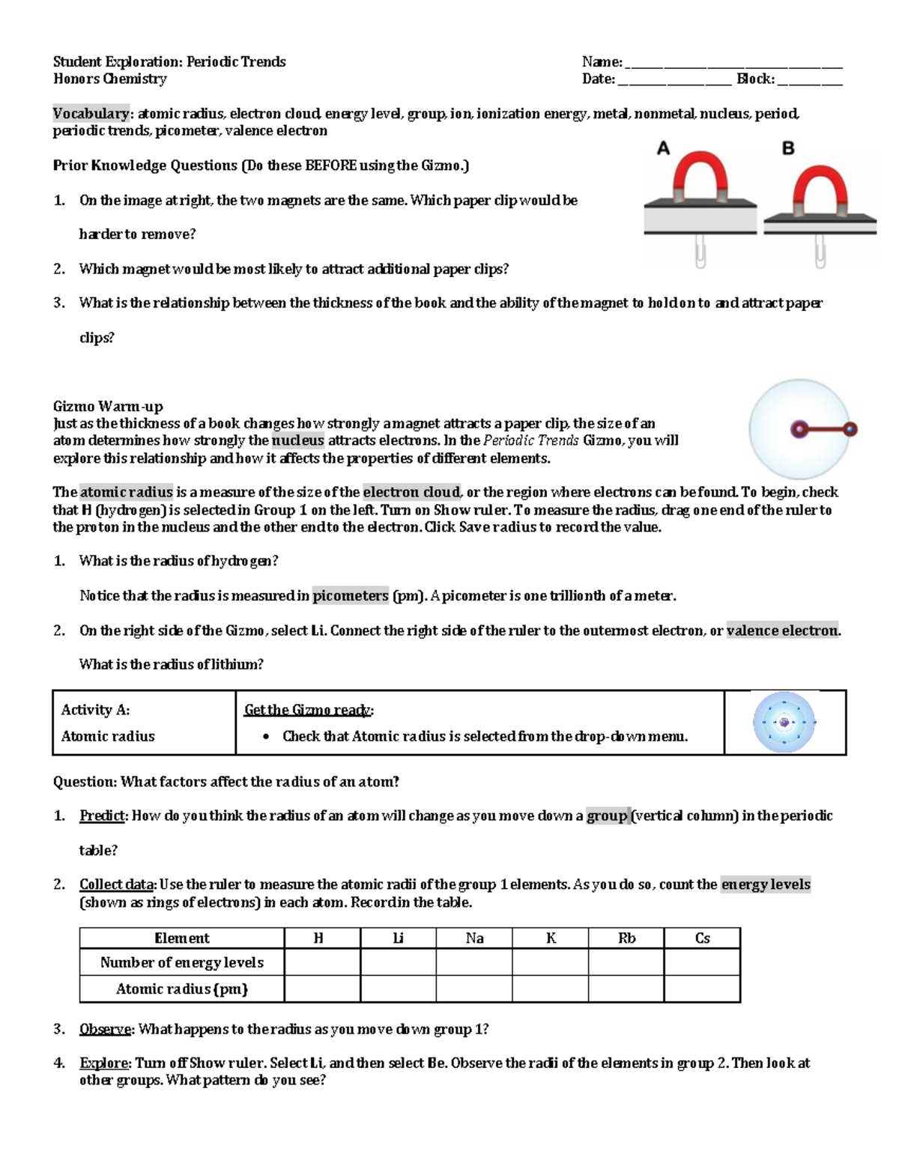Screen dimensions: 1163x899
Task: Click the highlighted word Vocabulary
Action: tap(91, 113)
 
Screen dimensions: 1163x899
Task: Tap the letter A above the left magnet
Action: tap(663, 148)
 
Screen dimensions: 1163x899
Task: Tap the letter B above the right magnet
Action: tap(788, 148)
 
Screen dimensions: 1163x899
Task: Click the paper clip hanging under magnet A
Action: tap(700, 252)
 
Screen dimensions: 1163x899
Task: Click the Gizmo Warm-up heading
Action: tap(108, 407)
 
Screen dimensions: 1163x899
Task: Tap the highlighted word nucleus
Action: tap(298, 440)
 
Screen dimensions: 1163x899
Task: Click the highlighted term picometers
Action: tap(351, 596)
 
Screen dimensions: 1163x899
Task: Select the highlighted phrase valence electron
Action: tap(782, 631)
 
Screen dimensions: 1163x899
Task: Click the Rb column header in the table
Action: tap(626, 938)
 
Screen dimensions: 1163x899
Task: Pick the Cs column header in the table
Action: tap(702, 938)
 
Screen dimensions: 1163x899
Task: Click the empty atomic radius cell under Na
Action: tap(474, 989)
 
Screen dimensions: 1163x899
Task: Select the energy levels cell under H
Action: tap(322, 962)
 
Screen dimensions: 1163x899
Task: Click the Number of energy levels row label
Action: tap(182, 962)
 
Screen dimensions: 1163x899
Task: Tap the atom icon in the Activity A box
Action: tap(784, 723)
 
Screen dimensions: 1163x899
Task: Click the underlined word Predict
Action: tap(102, 816)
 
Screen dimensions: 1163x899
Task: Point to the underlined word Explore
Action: tap(103, 1063)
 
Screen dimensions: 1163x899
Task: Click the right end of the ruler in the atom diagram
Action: tap(850, 429)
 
